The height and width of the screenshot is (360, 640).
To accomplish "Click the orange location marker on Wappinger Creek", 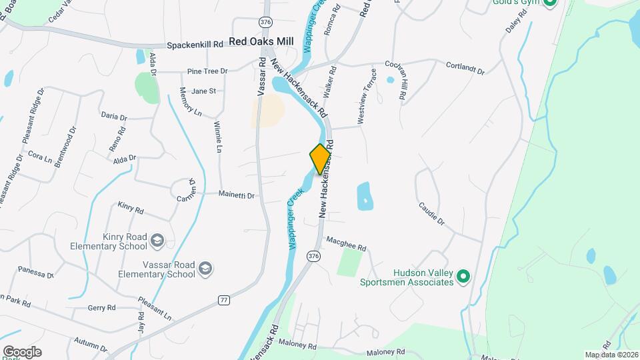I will click(x=320, y=159).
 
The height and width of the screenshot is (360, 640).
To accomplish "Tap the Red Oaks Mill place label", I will click(x=261, y=41).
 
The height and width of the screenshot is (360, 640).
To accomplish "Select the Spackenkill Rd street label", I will click(x=195, y=44).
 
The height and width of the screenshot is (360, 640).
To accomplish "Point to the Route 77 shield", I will click(x=224, y=301).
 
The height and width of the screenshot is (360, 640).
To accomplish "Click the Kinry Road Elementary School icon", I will click(x=157, y=240).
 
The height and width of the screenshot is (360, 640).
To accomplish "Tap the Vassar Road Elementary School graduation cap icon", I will click(x=205, y=269).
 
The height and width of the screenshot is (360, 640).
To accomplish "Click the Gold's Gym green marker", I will click(x=549, y=3).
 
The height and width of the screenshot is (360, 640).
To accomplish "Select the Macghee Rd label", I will click(x=346, y=243).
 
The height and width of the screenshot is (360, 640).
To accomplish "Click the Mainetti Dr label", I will click(x=237, y=195).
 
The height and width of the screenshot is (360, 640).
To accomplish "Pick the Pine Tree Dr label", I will click(x=207, y=71).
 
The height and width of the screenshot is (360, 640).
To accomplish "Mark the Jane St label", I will click(x=203, y=91).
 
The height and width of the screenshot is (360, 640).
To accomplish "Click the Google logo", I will click(x=22, y=351).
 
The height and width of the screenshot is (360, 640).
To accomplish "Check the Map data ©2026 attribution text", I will click(x=611, y=355).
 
